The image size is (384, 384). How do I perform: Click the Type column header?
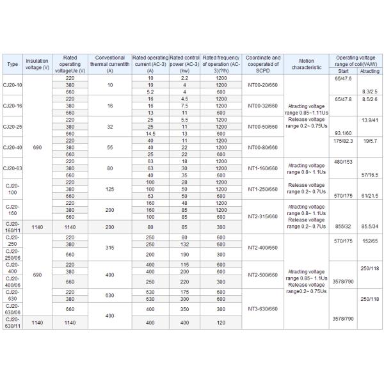pyautogui.click(x=13, y=65)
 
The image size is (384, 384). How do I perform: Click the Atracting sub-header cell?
pyautogui.click(x=369, y=71)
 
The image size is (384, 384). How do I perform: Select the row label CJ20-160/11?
pyautogui.click(x=13, y=226)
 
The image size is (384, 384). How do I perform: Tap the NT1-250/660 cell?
pyautogui.click(x=263, y=189)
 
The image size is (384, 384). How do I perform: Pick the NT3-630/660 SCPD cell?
pyautogui.click(x=263, y=309)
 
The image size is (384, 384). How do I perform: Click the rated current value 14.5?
pyautogui.click(x=151, y=133)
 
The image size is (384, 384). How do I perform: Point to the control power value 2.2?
pyautogui.click(x=184, y=77)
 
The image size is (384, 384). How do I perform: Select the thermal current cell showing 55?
pyautogui.click(x=109, y=147)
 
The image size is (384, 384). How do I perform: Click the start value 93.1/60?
pyautogui.click(x=343, y=133)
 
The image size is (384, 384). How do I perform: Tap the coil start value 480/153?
pyautogui.click(x=343, y=161)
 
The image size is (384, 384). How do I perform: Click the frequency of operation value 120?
pyautogui.click(x=221, y=323)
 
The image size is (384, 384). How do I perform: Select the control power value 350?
pyautogui.click(x=184, y=309)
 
